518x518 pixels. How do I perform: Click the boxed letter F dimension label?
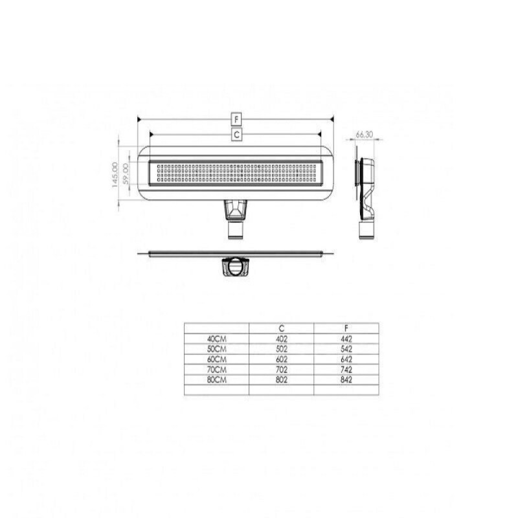(x=236, y=119)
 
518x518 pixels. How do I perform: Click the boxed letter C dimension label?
(x=236, y=135)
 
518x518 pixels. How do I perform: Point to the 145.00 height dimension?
(x=115, y=175)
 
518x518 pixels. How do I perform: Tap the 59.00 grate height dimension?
(x=126, y=174)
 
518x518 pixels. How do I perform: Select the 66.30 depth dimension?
(x=365, y=135)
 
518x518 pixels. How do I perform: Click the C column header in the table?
(x=282, y=328)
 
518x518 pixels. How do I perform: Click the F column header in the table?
(x=346, y=328)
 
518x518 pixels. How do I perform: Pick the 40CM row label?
(x=217, y=339)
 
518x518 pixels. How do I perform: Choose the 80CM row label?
(x=217, y=380)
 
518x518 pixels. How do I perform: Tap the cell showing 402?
(x=282, y=339)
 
